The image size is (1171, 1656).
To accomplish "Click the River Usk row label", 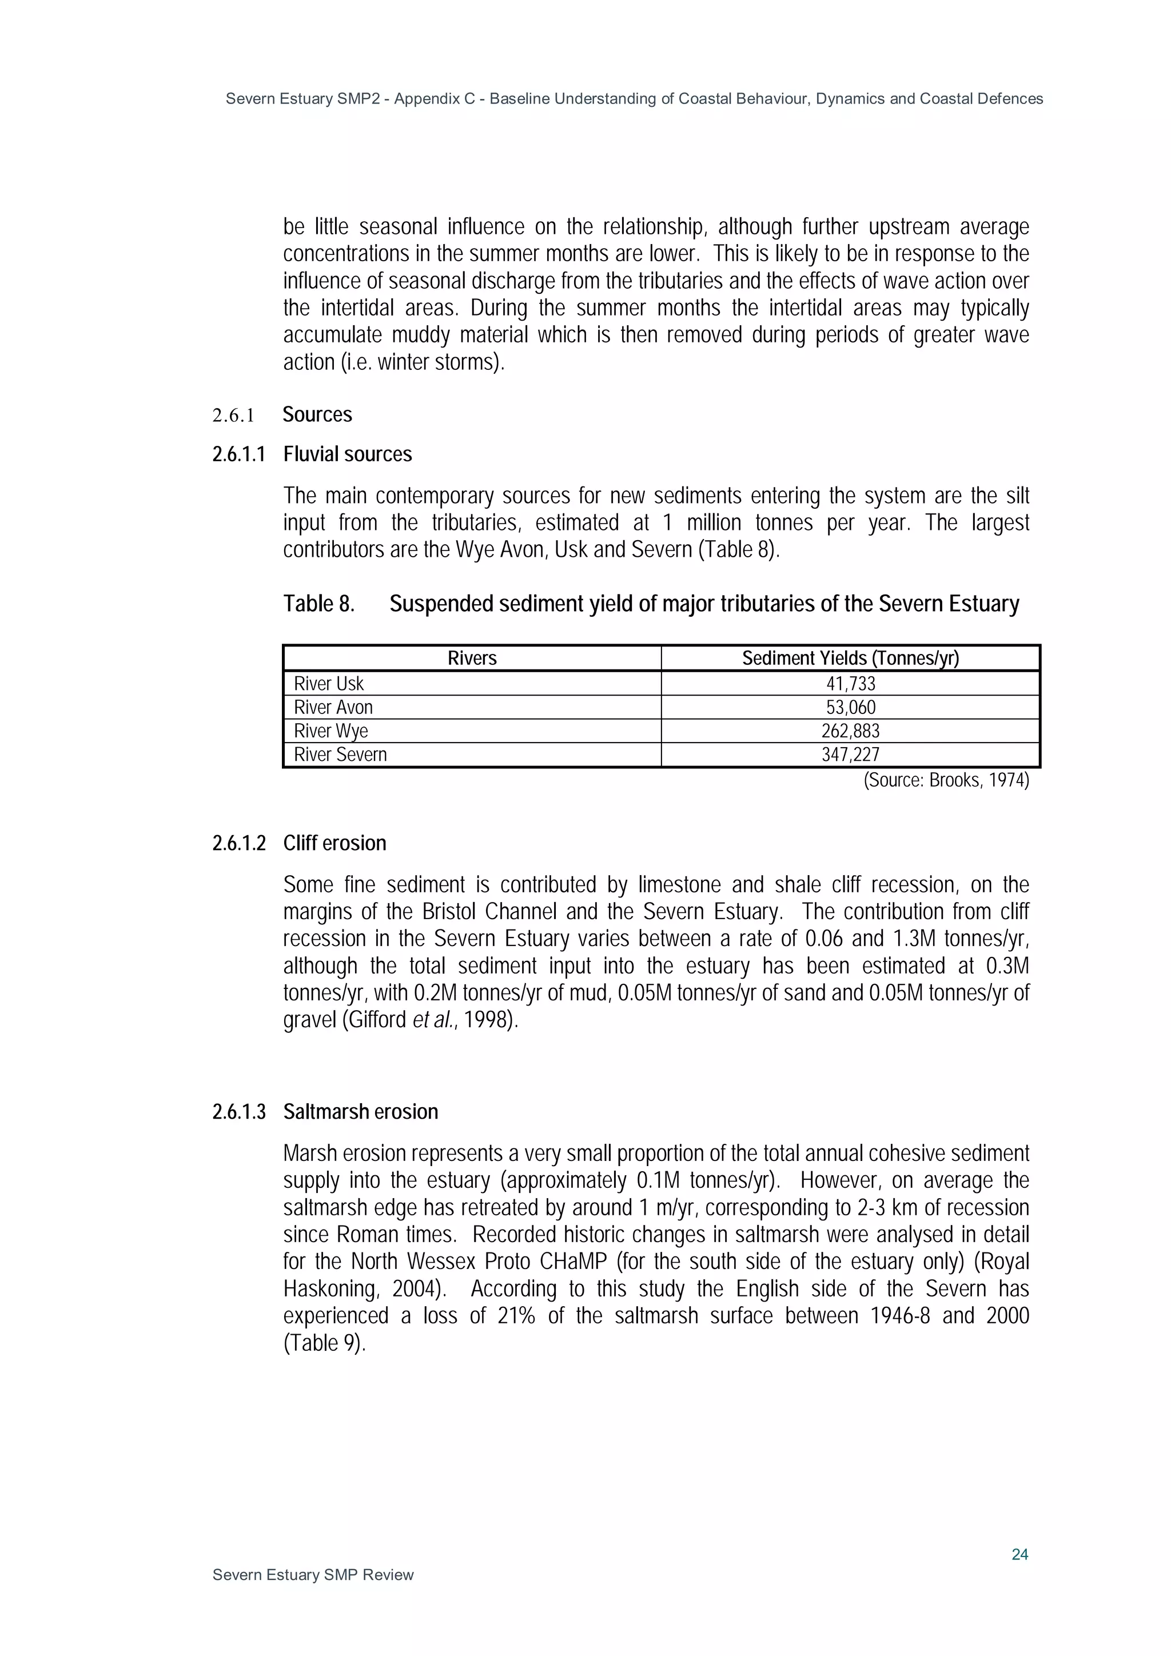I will pyautogui.click(x=328, y=684).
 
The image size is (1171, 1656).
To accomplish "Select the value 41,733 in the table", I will pyautogui.click(x=851, y=684).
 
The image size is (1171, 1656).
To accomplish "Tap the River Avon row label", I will pyautogui.click(x=333, y=708).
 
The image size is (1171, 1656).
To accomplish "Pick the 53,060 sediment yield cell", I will pyautogui.click(x=851, y=708).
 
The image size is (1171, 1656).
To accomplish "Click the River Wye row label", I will pyautogui.click(x=330, y=731).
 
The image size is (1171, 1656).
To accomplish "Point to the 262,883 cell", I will pyautogui.click(x=851, y=731).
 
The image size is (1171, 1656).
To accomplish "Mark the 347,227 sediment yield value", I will pyautogui.click(x=851, y=755).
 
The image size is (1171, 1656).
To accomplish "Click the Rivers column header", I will pyautogui.click(x=472, y=659).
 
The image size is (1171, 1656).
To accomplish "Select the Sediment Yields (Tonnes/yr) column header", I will pyautogui.click(x=851, y=659).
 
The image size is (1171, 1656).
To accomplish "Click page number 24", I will pyautogui.click(x=1019, y=1554).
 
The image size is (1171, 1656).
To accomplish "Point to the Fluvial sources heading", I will pyautogui.click(x=347, y=454).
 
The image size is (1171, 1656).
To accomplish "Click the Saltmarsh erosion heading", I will pyautogui.click(x=360, y=1112).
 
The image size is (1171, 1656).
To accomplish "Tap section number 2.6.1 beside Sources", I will pyautogui.click(x=233, y=416).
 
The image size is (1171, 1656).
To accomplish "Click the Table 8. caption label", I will pyautogui.click(x=319, y=604).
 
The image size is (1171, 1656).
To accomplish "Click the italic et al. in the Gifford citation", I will pyautogui.click(x=432, y=1020).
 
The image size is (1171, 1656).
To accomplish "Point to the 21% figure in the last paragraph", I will pyautogui.click(x=516, y=1316).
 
